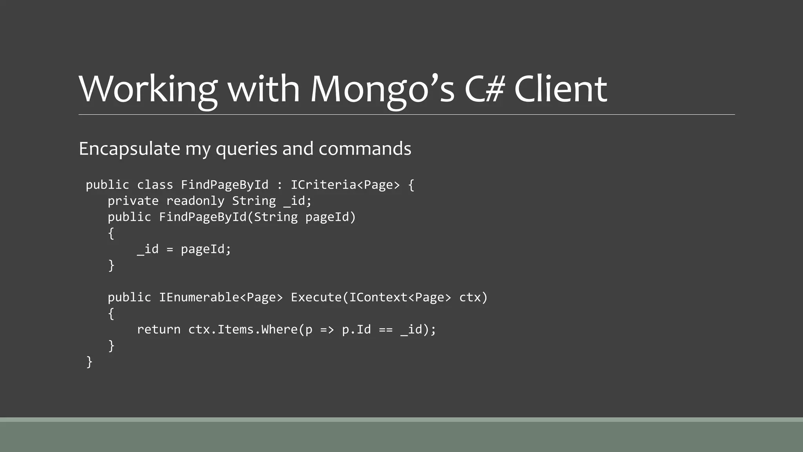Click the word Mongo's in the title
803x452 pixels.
[382, 89]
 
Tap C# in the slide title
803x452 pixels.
[484, 89]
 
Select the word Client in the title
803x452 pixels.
[560, 89]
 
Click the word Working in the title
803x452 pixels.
[148, 89]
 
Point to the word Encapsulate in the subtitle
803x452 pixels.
[129, 149]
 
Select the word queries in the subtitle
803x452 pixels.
[247, 149]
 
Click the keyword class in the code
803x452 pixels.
[155, 185]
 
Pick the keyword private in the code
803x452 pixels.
[133, 201]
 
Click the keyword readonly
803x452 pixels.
[195, 201]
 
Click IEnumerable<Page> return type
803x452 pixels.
[221, 297]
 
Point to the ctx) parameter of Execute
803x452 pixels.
[473, 297]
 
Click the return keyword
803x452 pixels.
[159, 330]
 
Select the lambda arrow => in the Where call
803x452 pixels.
[327, 330]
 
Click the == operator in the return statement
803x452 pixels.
[386, 330]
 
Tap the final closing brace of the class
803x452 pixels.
[89, 362]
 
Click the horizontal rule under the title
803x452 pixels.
[407, 115]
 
